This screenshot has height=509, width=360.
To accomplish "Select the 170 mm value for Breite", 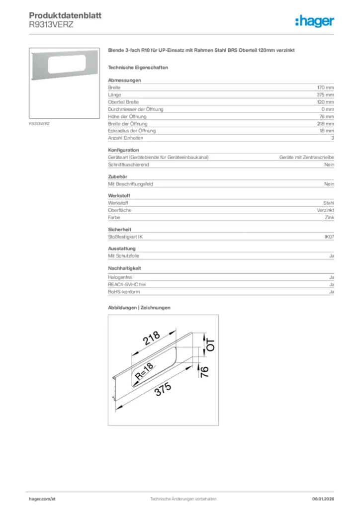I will (326, 87).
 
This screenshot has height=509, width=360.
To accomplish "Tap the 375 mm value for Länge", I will (326, 94).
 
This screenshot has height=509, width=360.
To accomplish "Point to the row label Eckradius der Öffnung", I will (132, 131).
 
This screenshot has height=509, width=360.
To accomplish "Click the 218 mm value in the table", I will (326, 123).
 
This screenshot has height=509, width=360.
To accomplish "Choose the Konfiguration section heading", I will (123, 150).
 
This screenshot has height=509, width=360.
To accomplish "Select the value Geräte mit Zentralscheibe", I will (306, 157).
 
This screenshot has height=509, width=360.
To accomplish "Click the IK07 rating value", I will (329, 237).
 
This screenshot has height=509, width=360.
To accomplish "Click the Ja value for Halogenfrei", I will (331, 277).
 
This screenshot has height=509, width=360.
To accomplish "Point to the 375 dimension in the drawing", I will (163, 389).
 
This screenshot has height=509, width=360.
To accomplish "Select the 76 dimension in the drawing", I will (204, 370).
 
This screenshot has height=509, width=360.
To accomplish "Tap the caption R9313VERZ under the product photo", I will (38, 122).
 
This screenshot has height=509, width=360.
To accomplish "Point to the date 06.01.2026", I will (323, 499).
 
